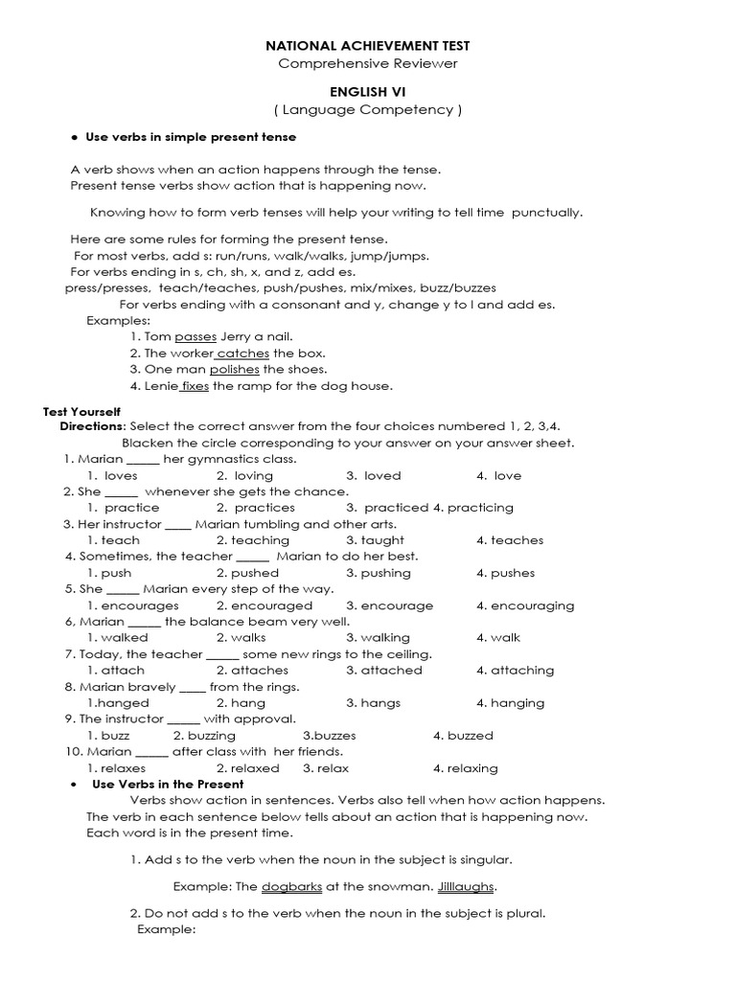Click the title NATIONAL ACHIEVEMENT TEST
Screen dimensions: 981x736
click(x=368, y=45)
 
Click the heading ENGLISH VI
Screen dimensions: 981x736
click(x=368, y=91)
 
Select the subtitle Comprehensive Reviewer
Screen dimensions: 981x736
click(x=368, y=63)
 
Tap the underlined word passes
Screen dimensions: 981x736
click(x=195, y=337)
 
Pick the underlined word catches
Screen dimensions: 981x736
click(x=243, y=354)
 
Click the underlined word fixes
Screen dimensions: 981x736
click(x=195, y=386)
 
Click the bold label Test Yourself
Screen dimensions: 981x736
click(x=81, y=411)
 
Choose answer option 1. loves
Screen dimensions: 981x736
click(x=112, y=475)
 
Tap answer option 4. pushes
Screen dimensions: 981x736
click(x=505, y=573)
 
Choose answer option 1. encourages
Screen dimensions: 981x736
click(x=132, y=605)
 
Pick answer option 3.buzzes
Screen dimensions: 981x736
click(x=330, y=736)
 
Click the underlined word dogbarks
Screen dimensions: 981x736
click(x=291, y=887)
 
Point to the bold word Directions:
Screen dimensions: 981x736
click(x=93, y=426)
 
